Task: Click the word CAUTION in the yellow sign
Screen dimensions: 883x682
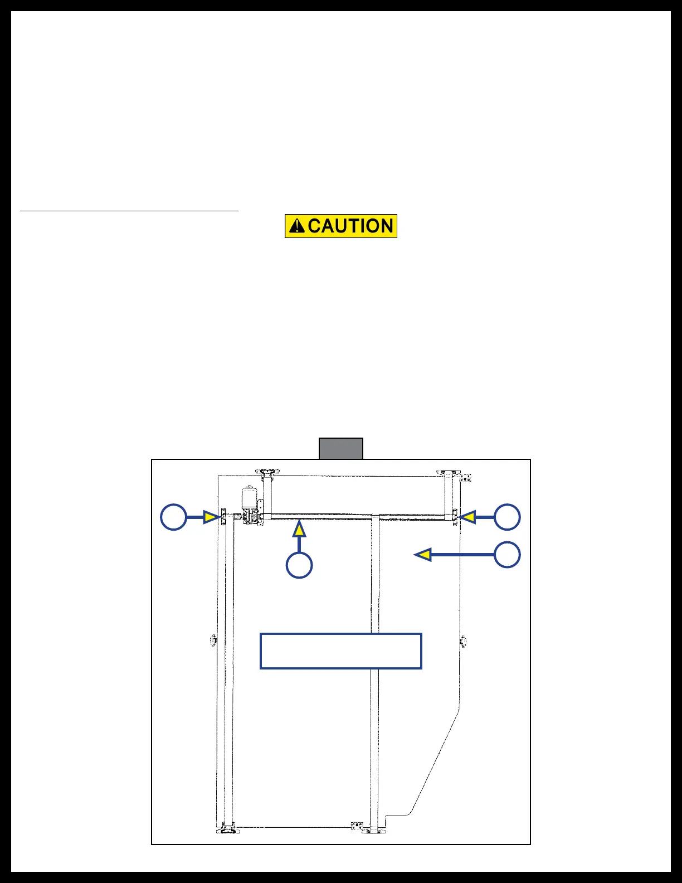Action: click(350, 226)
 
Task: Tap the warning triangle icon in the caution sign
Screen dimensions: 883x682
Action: click(297, 226)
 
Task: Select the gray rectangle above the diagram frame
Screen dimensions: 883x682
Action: click(341, 448)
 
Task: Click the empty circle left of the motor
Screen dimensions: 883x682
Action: click(173, 517)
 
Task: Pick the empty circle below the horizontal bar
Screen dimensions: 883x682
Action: click(299, 565)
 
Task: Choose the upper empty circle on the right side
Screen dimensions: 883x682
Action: click(507, 517)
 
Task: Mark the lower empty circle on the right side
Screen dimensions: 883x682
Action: click(507, 555)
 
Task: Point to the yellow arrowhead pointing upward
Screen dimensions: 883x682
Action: click(300, 528)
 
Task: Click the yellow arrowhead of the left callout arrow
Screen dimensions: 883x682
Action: click(210, 517)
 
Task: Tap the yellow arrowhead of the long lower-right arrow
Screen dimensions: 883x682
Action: click(423, 555)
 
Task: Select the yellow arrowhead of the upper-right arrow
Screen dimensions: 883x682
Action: click(467, 517)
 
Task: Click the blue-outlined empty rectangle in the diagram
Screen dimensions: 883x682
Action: click(341, 651)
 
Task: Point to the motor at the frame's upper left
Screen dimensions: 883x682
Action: click(249, 496)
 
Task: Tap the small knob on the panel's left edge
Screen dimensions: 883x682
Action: click(212, 641)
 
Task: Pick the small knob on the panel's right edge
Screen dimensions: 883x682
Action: click(462, 642)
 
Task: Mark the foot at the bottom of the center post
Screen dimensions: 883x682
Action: click(374, 831)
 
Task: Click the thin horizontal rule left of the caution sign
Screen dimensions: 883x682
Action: click(129, 211)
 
